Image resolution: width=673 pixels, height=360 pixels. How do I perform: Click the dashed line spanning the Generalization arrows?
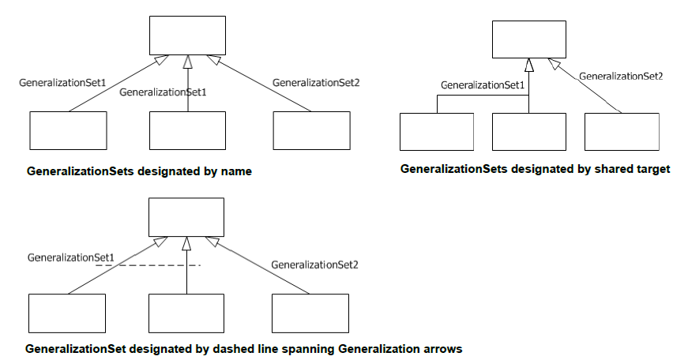tap(150, 266)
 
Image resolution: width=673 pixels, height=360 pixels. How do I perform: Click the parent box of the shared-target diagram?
tap(529, 39)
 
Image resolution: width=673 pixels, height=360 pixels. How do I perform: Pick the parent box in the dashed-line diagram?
tap(186, 216)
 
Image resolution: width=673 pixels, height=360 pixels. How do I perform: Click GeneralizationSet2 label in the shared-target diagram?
tap(621, 76)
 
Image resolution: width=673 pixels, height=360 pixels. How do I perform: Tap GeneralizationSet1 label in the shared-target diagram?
tap(483, 84)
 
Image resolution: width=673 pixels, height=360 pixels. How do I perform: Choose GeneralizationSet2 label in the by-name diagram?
tap(316, 82)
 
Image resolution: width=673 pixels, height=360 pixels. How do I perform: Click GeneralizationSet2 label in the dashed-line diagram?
tap(315, 265)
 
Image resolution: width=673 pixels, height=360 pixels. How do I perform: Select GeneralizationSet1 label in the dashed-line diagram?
tap(71, 257)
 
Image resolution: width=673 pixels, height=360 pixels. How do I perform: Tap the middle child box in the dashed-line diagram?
tap(186, 313)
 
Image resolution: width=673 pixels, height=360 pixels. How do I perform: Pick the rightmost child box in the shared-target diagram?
tap(622, 132)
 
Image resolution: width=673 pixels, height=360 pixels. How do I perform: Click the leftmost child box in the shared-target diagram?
tap(437, 132)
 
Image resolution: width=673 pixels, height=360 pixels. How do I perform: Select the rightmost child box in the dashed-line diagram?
tap(310, 313)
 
